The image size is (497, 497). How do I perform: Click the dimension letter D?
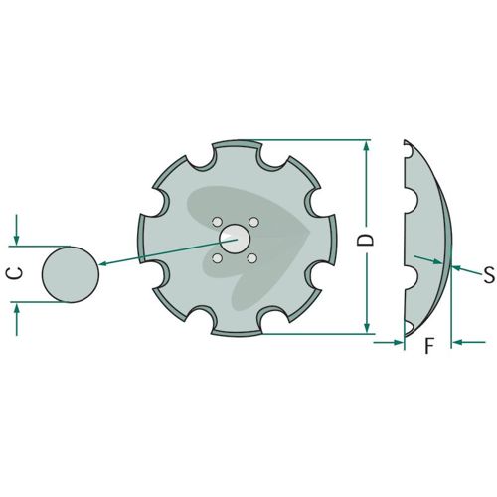click(366, 240)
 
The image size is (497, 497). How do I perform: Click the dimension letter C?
click(15, 272)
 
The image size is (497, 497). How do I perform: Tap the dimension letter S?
click(489, 274)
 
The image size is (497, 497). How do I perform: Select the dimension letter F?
click(429, 346)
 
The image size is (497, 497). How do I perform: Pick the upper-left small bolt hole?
click(217, 222)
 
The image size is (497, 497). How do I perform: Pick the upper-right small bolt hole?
click(253, 222)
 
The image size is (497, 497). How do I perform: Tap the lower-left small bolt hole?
click(217, 258)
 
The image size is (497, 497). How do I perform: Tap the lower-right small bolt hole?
click(252, 258)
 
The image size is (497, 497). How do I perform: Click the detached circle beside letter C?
click(71, 274)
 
